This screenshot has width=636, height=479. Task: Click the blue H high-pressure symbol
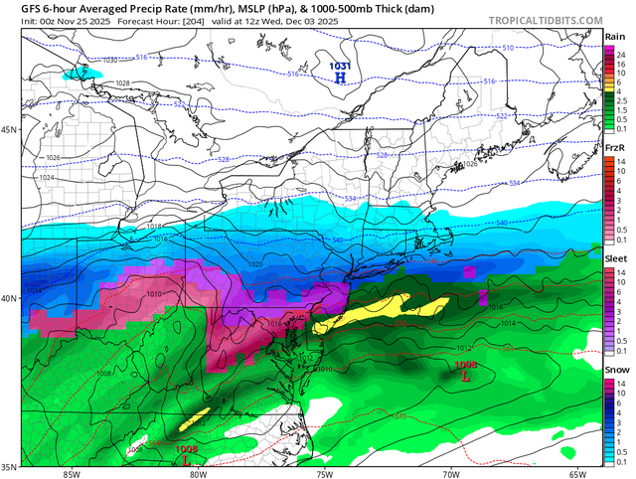pos(340,77)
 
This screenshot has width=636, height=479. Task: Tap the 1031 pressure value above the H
pos(339,66)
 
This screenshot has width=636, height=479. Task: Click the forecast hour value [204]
pos(211,22)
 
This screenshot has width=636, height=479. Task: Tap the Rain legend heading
pos(614,37)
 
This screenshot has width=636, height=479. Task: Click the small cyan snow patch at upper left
pos(82,73)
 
